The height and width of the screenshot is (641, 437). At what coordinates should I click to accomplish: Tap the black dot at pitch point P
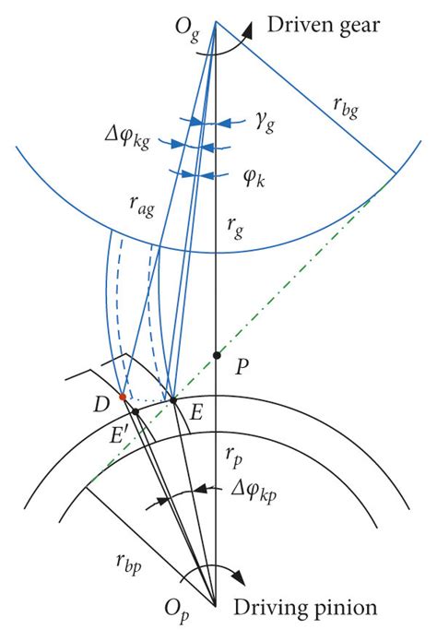point(217,355)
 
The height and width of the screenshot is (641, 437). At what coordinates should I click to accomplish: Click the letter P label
point(242,366)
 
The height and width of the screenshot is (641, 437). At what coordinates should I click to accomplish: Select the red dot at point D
point(122,397)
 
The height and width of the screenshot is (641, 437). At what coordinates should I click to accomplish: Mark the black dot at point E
point(172,400)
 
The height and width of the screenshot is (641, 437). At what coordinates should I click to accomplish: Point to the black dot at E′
point(136,411)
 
